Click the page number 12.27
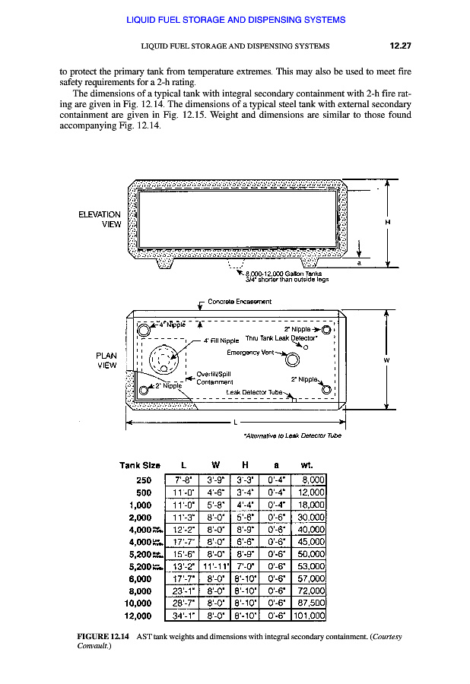[400, 46]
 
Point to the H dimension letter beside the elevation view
[389, 223]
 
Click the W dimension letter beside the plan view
[387, 359]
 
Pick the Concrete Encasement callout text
[240, 302]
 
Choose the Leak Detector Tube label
[254, 393]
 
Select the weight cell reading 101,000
[309, 616]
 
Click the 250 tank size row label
[144, 480]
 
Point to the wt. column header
[308, 464]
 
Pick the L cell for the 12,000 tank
[183, 616]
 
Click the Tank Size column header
[140, 464]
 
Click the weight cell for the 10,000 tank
[309, 603]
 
